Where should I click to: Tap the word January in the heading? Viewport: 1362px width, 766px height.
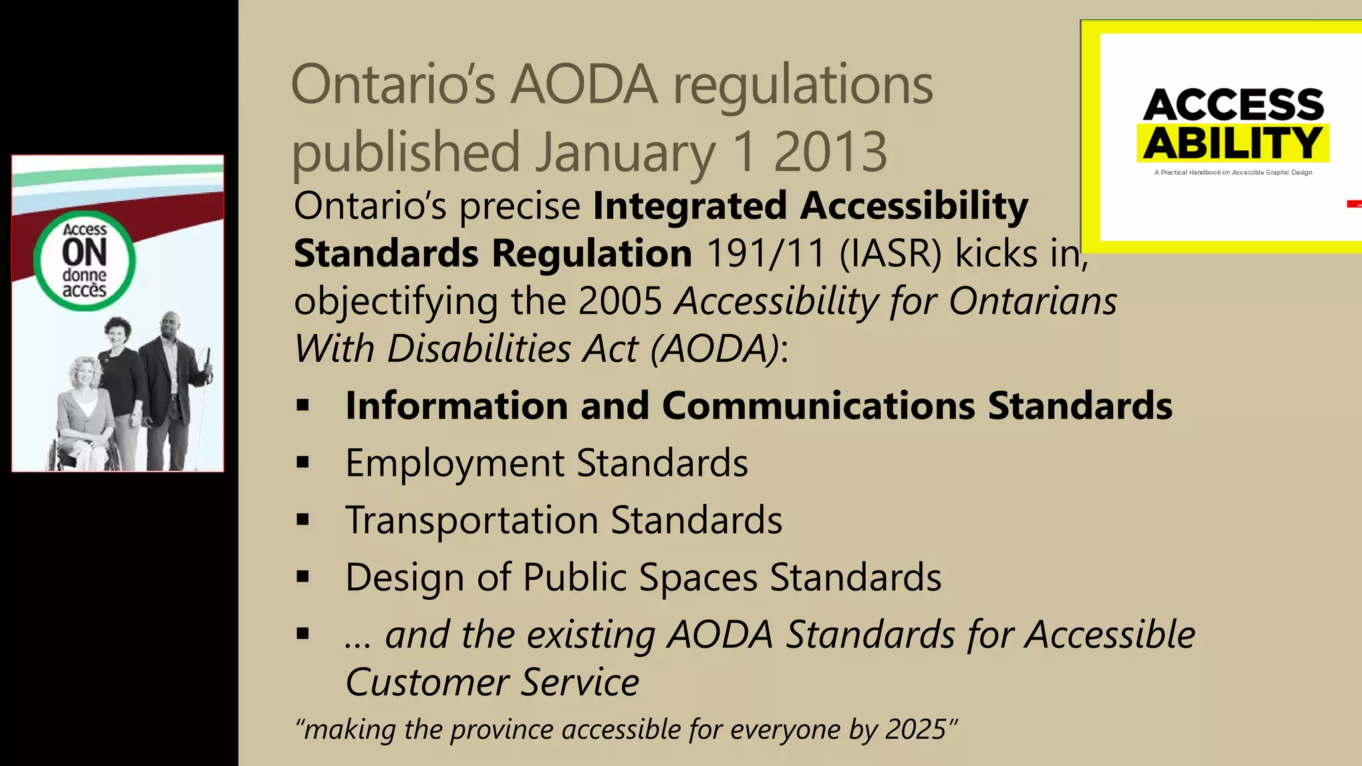[x=626, y=152]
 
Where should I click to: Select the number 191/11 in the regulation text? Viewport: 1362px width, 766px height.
[x=765, y=253]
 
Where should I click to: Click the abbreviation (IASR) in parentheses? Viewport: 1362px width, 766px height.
[x=890, y=253]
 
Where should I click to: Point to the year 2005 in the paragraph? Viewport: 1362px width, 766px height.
[x=620, y=301]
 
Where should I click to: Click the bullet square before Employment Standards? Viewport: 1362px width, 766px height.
[x=303, y=463]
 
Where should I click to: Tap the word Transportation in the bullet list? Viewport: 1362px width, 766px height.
[x=472, y=520]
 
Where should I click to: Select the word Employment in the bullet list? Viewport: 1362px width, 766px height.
[x=454, y=463]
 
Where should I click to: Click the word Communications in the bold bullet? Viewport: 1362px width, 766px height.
[x=818, y=406]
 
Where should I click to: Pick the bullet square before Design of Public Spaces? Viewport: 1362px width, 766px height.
[x=303, y=577]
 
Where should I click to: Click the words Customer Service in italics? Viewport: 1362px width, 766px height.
[x=492, y=682]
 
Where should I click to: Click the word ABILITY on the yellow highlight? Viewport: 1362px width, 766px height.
[x=1232, y=143]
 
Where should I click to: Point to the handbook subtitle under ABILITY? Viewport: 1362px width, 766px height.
[x=1233, y=173]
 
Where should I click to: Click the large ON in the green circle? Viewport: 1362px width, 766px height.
[x=84, y=253]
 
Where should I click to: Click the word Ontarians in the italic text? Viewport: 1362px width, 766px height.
[x=1033, y=301]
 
